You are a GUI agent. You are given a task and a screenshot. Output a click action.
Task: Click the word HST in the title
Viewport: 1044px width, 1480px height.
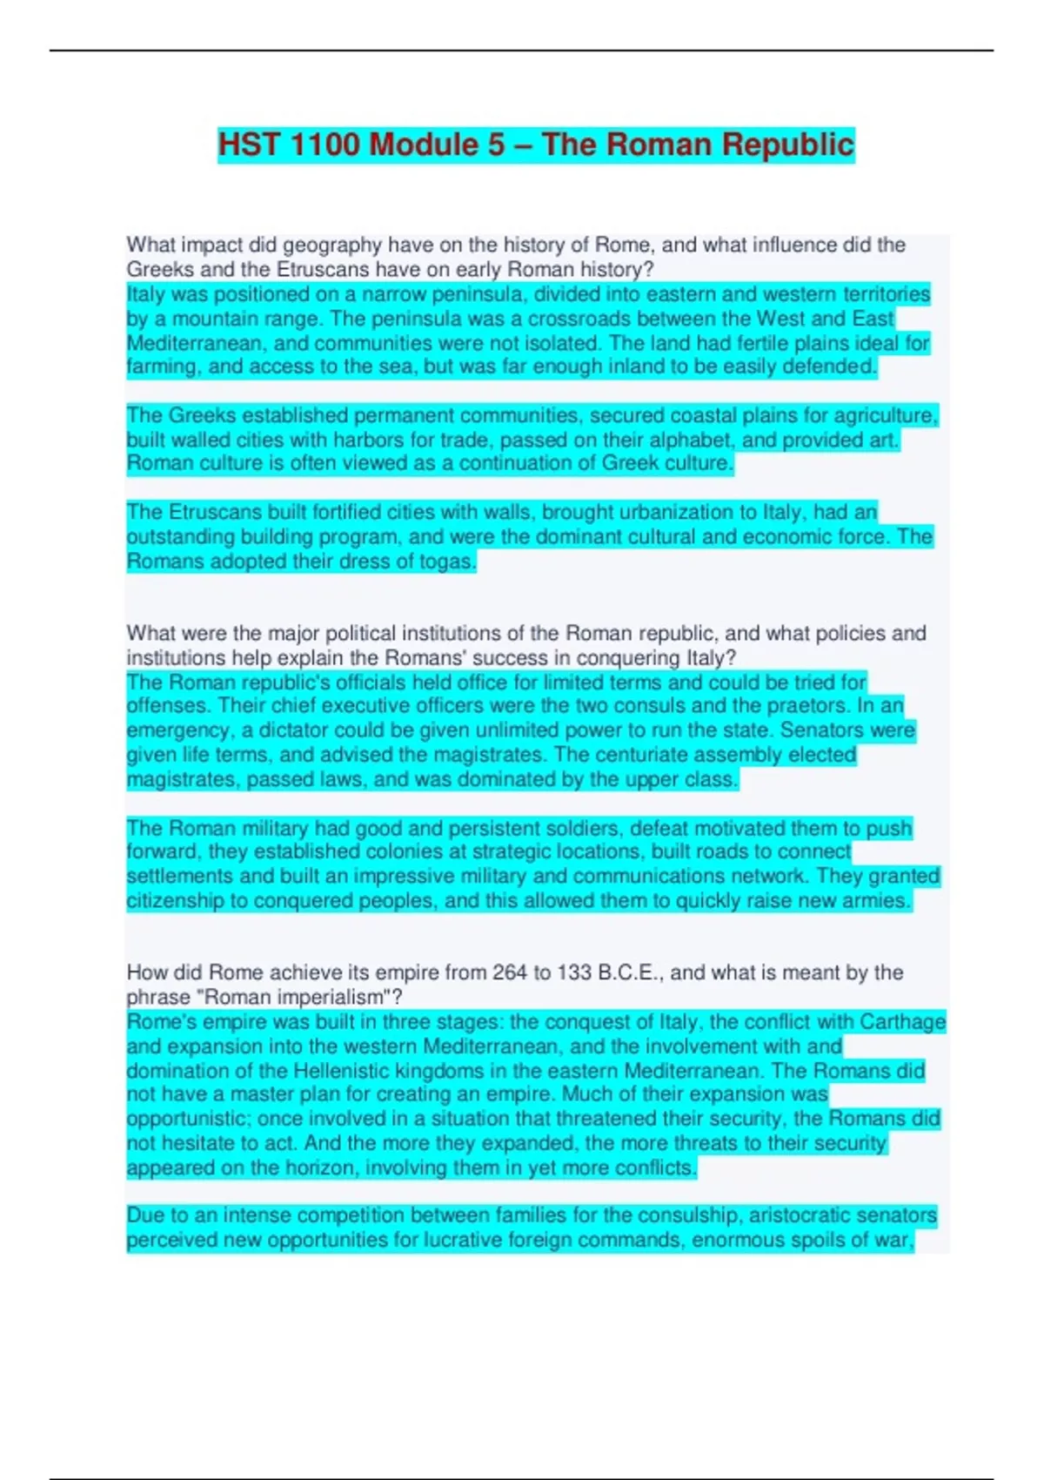coord(249,145)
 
